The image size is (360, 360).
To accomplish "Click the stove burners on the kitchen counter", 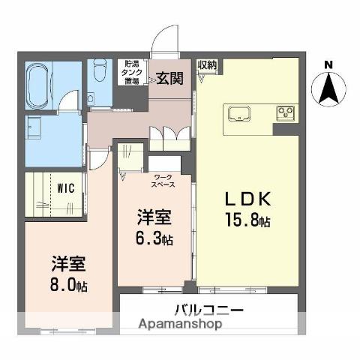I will [286, 114].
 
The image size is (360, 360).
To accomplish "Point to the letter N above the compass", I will [328, 66].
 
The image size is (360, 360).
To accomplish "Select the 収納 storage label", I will [207, 65].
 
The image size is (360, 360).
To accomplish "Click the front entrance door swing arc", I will [165, 39].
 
